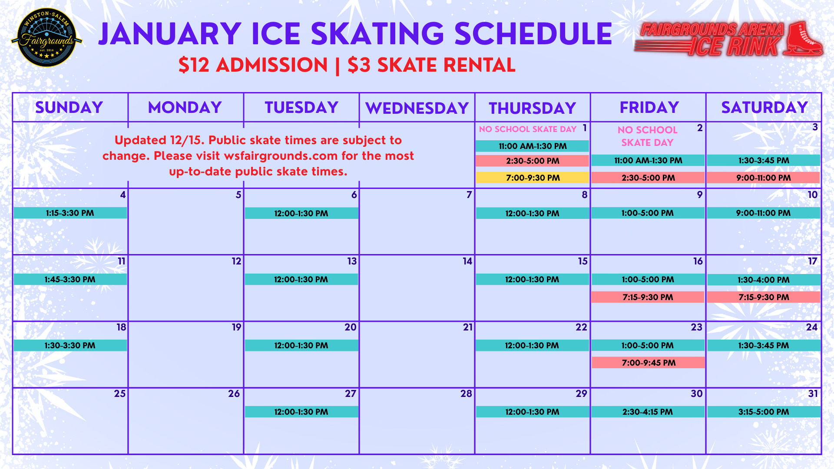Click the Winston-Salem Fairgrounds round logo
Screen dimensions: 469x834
click(46, 38)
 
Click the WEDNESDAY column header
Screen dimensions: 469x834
click(417, 108)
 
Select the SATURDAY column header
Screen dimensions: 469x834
click(764, 107)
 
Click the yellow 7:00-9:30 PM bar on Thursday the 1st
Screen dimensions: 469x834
click(532, 178)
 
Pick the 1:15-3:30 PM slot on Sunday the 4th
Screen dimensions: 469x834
click(70, 213)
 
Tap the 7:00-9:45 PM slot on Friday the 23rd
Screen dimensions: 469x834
click(648, 363)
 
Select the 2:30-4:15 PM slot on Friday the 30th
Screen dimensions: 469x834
click(647, 412)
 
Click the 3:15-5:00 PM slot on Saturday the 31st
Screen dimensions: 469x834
click(763, 412)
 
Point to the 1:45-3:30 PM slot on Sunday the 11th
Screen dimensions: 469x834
click(70, 279)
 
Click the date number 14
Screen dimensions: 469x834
click(467, 261)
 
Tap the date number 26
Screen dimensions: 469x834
click(234, 394)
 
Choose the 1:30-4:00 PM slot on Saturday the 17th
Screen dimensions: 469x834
click(763, 280)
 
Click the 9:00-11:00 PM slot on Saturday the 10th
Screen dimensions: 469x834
click(763, 213)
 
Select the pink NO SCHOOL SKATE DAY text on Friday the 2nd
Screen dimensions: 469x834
click(647, 136)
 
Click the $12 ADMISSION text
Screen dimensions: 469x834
click(253, 65)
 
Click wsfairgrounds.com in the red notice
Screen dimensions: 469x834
click(281, 156)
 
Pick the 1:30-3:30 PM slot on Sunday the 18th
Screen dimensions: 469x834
click(70, 346)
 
